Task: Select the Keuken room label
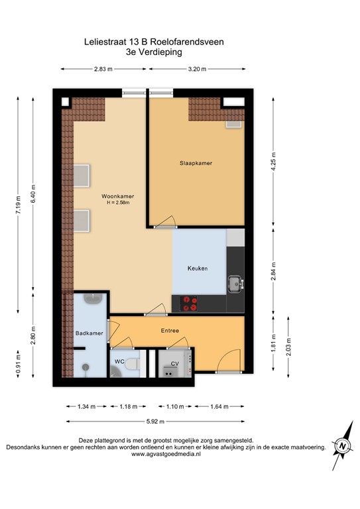198,268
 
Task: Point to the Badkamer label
89,333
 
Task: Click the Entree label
170,330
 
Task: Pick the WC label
119,361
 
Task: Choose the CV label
175,364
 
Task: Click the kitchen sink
235,284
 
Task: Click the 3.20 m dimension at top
198,68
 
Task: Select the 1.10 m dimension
174,406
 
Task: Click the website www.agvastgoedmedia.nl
166,455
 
